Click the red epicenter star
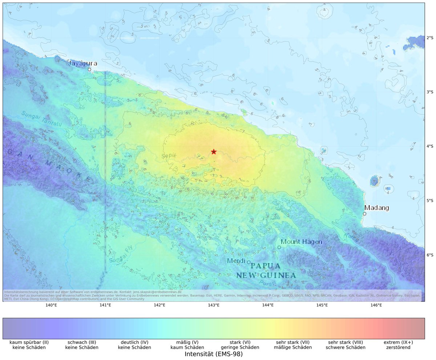[x=214, y=151]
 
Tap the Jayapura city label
[x=83, y=63]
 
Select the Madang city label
[x=376, y=208]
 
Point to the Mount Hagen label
[x=302, y=242]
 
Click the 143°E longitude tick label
[x=214, y=305]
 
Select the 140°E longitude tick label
[x=51, y=305]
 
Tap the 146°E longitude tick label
[x=376, y=305]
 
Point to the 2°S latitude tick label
[x=429, y=38]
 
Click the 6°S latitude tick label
[x=429, y=255]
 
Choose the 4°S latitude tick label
[x=429, y=146]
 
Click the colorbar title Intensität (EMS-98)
[x=214, y=354]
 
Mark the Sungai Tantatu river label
[x=41, y=119]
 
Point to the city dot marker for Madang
[x=364, y=214]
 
